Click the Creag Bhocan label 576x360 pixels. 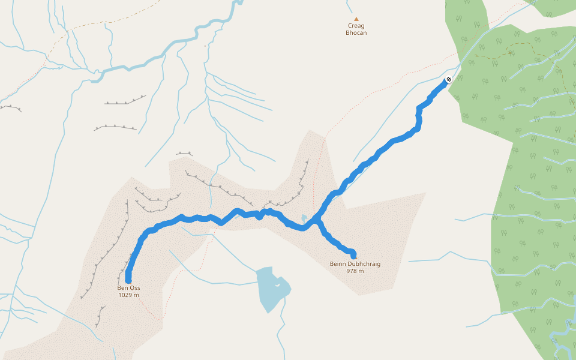(x=356, y=29)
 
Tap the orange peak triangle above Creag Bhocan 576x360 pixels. (x=356, y=19)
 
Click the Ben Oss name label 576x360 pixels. (x=128, y=288)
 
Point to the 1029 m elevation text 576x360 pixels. (x=128, y=295)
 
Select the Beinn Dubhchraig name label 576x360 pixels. (x=355, y=264)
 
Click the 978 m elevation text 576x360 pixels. (x=355, y=271)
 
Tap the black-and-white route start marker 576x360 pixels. (x=449, y=79)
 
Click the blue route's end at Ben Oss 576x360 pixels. (x=128, y=280)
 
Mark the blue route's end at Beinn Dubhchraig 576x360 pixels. (x=353, y=254)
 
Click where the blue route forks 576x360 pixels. (x=316, y=220)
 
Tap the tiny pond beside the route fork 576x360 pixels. (x=304, y=218)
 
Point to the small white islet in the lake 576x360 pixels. (x=277, y=285)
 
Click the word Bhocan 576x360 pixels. (x=356, y=33)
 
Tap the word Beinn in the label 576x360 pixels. (x=338, y=264)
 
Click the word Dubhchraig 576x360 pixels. (x=363, y=264)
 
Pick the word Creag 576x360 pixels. (x=356, y=26)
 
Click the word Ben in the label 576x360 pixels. (x=122, y=288)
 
